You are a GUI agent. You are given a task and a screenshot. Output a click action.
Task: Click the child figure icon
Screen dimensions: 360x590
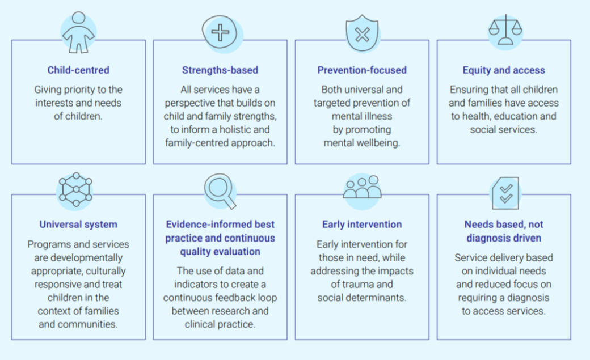pos(78,33)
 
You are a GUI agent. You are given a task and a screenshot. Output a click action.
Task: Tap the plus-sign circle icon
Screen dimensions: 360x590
pos(220,32)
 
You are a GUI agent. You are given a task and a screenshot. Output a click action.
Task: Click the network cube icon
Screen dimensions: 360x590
pos(75,189)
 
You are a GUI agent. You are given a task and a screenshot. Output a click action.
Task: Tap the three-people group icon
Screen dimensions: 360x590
pos(362,188)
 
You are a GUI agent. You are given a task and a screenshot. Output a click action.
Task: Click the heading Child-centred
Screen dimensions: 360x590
pos(78,70)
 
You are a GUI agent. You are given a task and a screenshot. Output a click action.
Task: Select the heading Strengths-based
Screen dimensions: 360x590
pos(220,70)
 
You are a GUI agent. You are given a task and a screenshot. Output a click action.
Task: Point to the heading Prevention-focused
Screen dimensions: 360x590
pos(362,70)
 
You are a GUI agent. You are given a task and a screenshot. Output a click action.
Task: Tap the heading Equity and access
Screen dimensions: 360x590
pos(504,70)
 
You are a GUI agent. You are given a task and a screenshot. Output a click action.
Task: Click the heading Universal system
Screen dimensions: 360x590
pos(78,225)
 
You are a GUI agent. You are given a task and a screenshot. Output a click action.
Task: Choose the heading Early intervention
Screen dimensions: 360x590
pos(362,225)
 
